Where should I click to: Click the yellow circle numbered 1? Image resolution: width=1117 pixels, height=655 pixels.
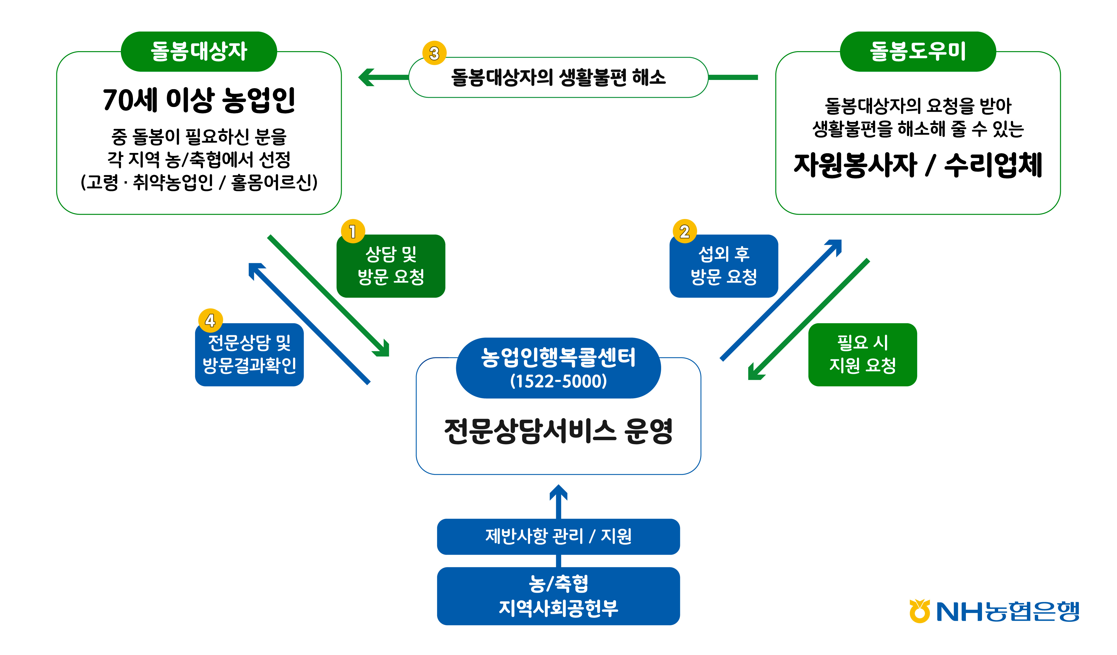(x=353, y=231)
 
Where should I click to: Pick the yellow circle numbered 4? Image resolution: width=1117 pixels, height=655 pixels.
(x=210, y=320)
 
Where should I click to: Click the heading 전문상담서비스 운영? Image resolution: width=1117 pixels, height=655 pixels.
(x=558, y=431)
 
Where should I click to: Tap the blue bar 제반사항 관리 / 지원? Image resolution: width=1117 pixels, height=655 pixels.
(x=558, y=536)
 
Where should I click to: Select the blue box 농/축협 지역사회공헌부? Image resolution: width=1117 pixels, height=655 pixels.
(x=558, y=596)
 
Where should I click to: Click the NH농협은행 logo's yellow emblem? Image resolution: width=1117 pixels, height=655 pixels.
(x=920, y=611)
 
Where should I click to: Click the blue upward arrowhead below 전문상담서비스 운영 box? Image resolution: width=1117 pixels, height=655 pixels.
(x=558, y=493)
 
